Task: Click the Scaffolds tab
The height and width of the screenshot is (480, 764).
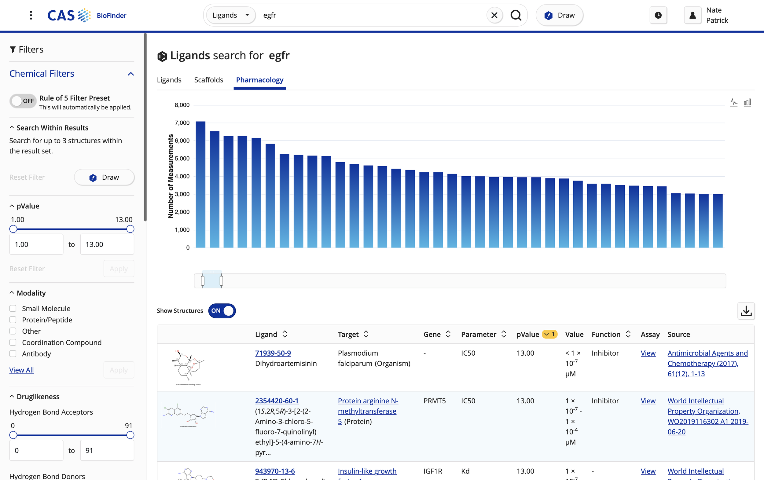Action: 208,80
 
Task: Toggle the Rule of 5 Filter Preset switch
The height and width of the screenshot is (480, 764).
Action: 23,101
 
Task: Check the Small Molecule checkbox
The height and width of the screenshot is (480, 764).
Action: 13,308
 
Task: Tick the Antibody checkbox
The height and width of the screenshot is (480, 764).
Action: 13,354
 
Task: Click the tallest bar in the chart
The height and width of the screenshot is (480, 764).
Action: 200,184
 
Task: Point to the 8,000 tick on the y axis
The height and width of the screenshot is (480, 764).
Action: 182,105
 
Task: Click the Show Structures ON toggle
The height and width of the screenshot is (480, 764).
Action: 222,311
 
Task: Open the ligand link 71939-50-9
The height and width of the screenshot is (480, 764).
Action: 273,353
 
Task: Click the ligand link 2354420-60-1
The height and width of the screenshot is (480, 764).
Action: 277,401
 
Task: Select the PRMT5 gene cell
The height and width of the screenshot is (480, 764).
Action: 434,401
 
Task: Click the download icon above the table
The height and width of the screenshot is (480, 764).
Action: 746,311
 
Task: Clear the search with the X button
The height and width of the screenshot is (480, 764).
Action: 494,15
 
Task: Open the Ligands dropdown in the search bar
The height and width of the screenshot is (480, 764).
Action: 230,15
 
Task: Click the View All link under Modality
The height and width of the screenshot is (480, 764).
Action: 22,370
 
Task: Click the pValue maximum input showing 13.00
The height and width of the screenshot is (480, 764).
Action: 107,244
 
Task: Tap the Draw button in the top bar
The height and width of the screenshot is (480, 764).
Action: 559,15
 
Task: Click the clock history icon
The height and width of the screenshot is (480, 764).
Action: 658,15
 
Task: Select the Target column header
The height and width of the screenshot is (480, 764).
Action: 348,334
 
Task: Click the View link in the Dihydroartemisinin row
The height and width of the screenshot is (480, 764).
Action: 648,353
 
